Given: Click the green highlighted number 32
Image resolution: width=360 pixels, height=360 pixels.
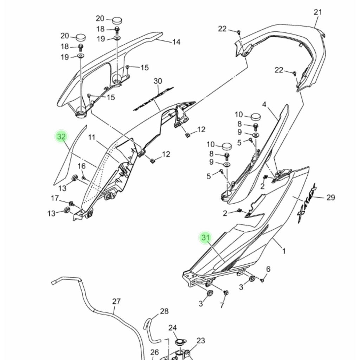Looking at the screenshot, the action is [x=61, y=137].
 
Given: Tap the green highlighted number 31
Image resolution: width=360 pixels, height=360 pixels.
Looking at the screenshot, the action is [x=205, y=237].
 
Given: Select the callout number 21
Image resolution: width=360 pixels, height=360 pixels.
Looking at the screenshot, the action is [x=318, y=12].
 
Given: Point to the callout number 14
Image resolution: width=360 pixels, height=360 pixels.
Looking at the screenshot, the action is [x=176, y=42].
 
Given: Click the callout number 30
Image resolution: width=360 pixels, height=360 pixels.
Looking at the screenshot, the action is [x=158, y=81].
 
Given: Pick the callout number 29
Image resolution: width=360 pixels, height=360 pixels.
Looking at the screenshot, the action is [x=330, y=198].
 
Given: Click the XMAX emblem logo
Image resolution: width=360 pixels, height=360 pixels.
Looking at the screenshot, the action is [x=307, y=204].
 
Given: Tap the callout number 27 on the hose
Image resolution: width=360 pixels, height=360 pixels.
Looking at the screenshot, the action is [x=116, y=301].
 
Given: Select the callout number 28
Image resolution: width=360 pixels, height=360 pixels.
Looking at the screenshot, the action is [x=164, y=311].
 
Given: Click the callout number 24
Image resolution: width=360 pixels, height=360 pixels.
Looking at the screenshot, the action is [x=172, y=328].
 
